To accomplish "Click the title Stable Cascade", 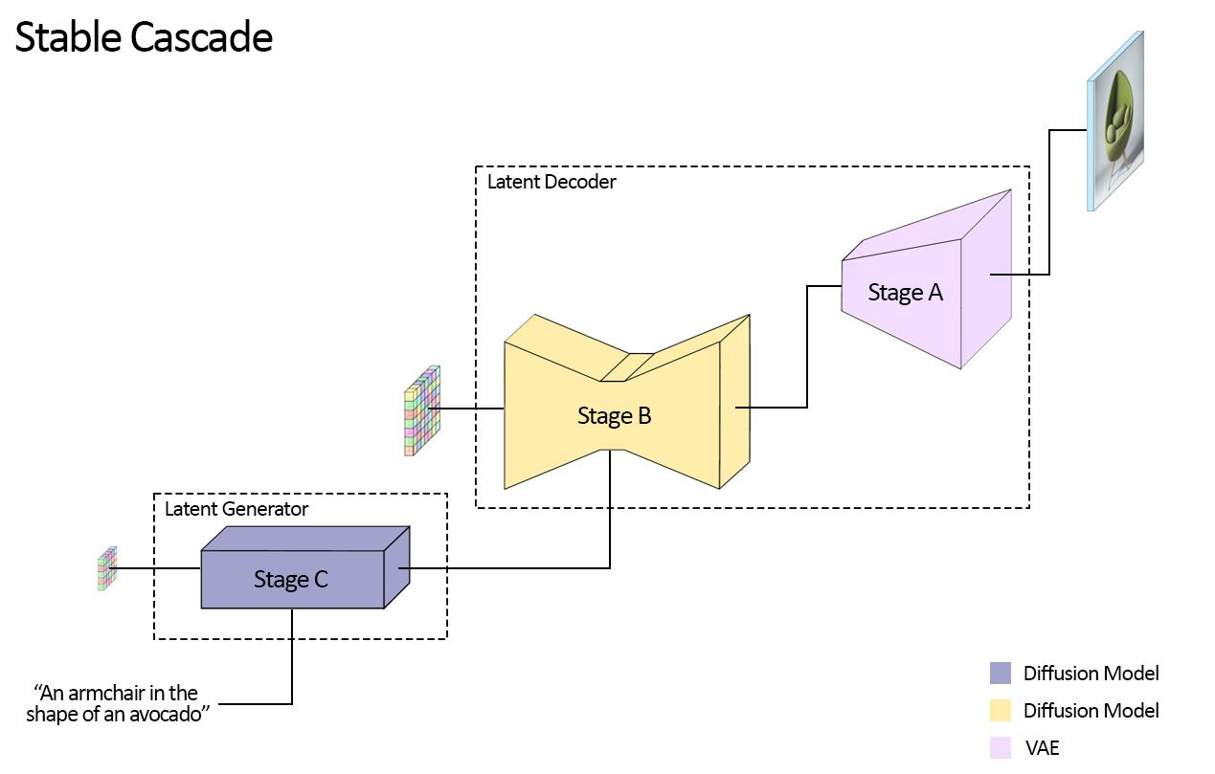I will tap(144, 38).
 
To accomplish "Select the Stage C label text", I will tap(291, 579).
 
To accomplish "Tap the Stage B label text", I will tap(614, 416).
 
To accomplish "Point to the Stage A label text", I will tap(905, 293).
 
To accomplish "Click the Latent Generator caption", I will tap(236, 509).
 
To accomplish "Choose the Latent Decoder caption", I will tap(551, 182).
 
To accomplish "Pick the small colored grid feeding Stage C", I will tap(106, 568).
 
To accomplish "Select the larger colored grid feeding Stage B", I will tap(421, 410).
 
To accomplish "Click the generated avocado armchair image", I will tap(1116, 122).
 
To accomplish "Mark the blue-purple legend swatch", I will tap(1000, 674).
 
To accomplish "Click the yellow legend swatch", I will tap(1000, 711).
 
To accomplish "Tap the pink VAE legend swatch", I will tap(1000, 748).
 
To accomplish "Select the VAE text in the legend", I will tap(1042, 748).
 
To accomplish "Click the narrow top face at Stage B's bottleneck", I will tap(627, 366).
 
